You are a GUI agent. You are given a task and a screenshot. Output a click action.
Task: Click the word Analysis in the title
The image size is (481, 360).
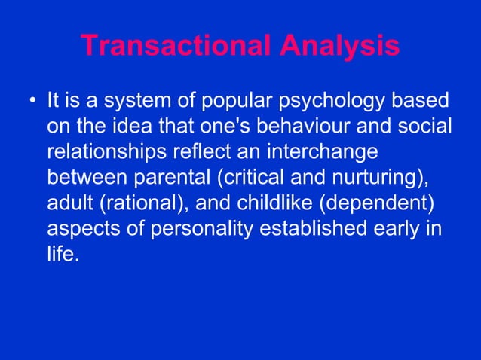pyautogui.click(x=340, y=46)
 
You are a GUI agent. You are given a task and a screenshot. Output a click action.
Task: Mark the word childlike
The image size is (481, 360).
pyautogui.click(x=275, y=203)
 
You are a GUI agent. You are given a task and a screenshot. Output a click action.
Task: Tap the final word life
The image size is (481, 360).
pyautogui.click(x=62, y=254)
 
